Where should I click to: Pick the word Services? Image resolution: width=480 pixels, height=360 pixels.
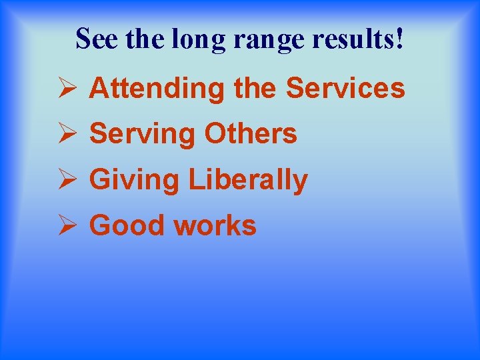click(x=345, y=88)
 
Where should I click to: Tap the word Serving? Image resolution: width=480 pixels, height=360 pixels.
click(x=143, y=134)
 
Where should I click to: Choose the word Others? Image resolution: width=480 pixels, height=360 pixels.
click(x=251, y=133)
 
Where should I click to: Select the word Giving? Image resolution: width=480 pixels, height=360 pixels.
click(x=134, y=180)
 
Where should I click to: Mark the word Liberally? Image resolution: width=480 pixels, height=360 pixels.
click(x=248, y=180)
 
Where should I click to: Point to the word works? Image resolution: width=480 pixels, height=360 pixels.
click(x=215, y=226)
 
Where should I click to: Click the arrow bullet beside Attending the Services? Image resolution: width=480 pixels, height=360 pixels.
click(x=66, y=88)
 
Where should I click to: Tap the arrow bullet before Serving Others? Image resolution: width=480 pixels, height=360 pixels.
click(x=66, y=133)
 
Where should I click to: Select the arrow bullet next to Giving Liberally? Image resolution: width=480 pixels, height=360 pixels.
click(x=66, y=179)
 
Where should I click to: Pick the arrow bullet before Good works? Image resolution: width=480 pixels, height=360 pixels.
click(x=66, y=225)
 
